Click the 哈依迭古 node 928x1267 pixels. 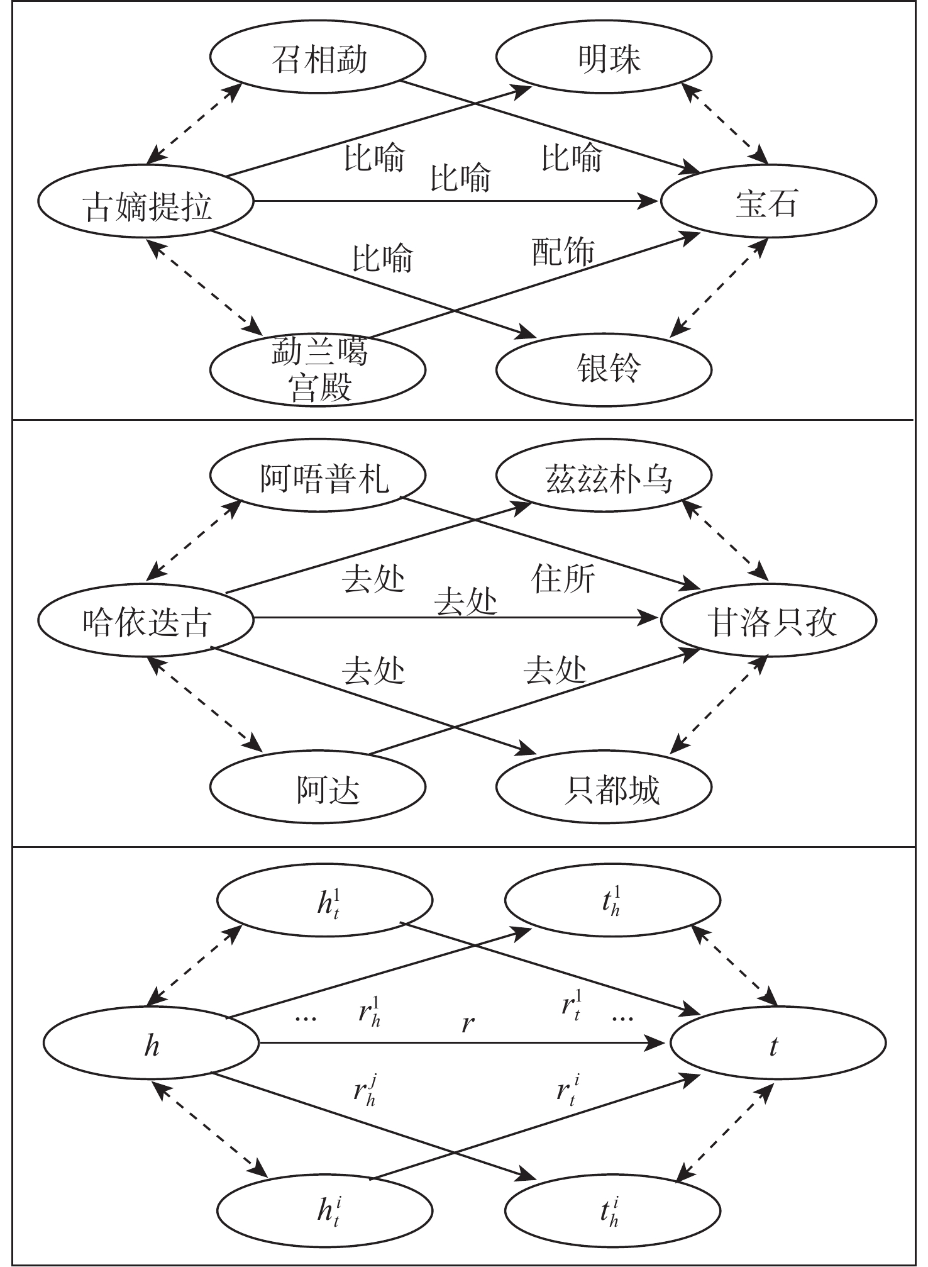coord(146,622)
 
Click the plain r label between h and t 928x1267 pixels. coord(467,1024)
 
